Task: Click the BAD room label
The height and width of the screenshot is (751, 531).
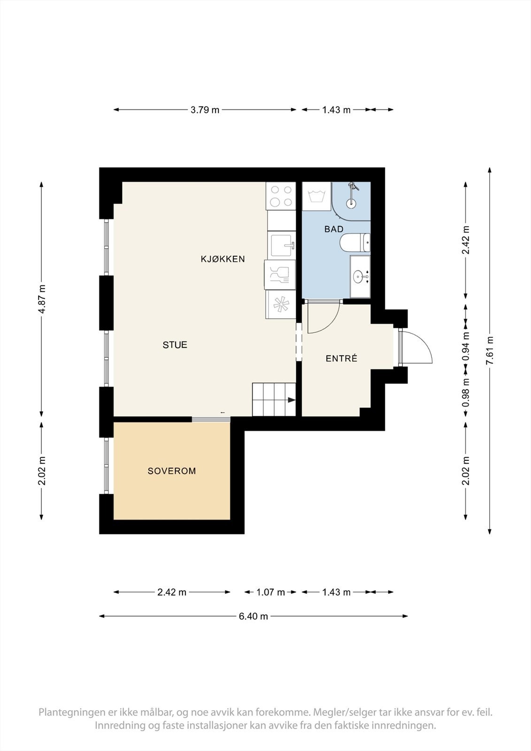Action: click(334, 229)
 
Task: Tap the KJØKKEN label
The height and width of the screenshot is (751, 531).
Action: click(223, 259)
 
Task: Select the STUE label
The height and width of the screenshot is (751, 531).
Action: click(175, 345)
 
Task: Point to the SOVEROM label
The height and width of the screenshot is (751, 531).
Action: click(172, 471)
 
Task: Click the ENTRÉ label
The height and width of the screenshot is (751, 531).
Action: click(341, 359)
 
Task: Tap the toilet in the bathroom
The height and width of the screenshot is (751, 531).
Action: click(355, 242)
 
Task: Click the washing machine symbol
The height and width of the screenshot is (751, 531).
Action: click(316, 196)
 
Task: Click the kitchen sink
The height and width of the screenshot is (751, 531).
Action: click(282, 245)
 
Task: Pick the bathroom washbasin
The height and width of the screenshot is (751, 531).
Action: click(360, 276)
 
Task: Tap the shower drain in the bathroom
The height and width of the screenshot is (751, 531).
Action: click(351, 202)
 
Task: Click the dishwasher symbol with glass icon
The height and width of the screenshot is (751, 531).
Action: click(280, 275)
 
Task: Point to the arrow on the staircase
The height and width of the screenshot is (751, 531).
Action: click(291, 400)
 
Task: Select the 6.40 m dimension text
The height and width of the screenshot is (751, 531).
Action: click(253, 616)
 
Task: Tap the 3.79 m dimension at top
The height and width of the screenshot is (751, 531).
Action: click(205, 110)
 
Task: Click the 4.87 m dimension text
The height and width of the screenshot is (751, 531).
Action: click(42, 299)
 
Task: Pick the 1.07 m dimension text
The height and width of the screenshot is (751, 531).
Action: click(270, 592)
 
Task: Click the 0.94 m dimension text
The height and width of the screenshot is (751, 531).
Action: click(466, 346)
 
